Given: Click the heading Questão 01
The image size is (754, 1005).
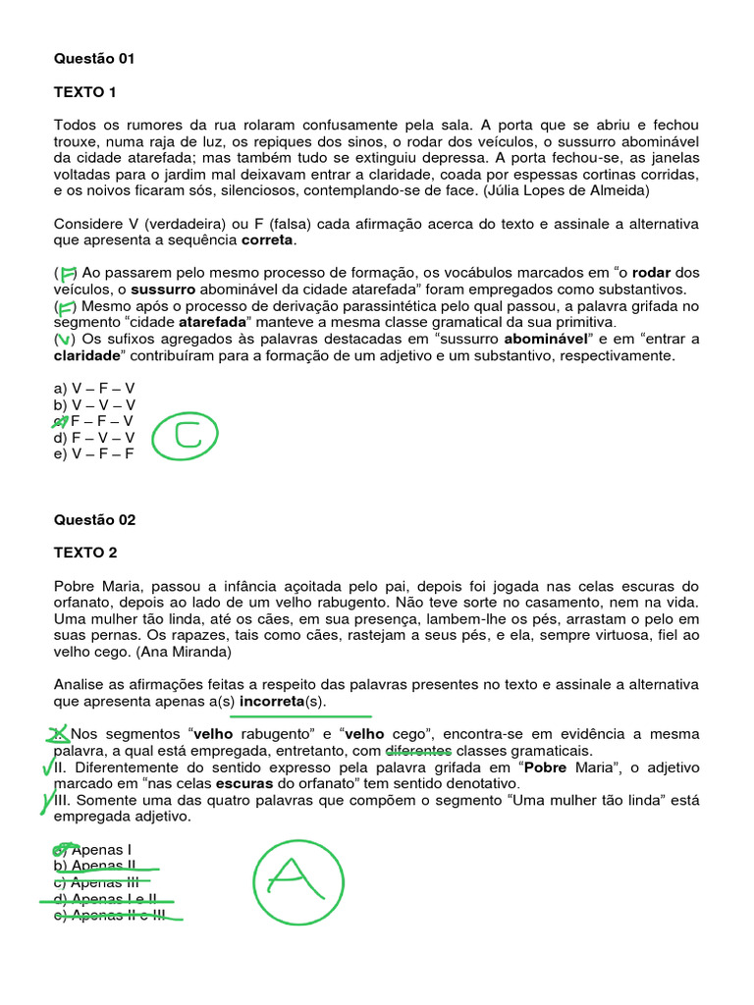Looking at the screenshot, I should click(94, 59).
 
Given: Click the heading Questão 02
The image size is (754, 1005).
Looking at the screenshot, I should click(94, 520).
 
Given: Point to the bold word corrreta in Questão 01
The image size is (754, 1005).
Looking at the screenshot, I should click(267, 239).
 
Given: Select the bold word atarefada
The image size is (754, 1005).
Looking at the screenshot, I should click(214, 322).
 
